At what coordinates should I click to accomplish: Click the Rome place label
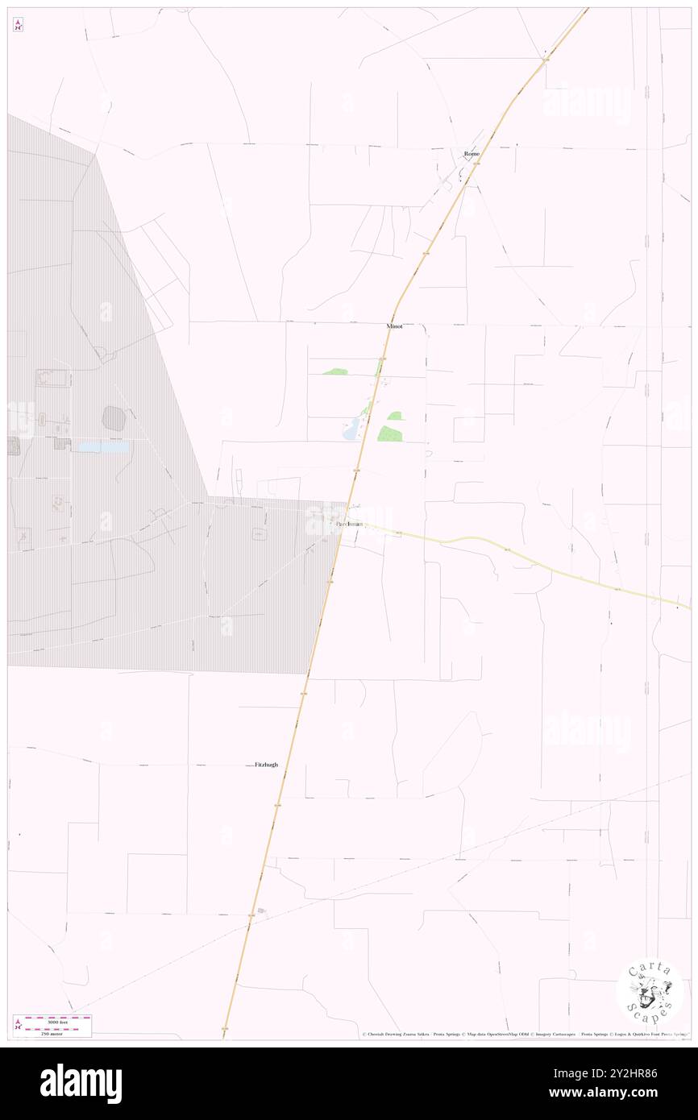[x=472, y=153]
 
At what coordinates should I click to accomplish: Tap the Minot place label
[x=394, y=327]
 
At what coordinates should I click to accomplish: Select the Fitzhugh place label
[x=266, y=764]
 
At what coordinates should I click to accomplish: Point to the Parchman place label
[x=350, y=525]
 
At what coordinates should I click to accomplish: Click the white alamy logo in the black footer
[x=81, y=1083]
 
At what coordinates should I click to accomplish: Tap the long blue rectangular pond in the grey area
[x=102, y=446]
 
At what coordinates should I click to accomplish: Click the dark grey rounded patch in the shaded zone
[x=114, y=418]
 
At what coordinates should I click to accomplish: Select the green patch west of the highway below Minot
[x=335, y=371]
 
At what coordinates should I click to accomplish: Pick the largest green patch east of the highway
[x=390, y=433]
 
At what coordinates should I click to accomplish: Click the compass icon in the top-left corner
[x=18, y=26]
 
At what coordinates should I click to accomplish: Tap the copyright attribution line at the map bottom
[x=524, y=1034]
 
